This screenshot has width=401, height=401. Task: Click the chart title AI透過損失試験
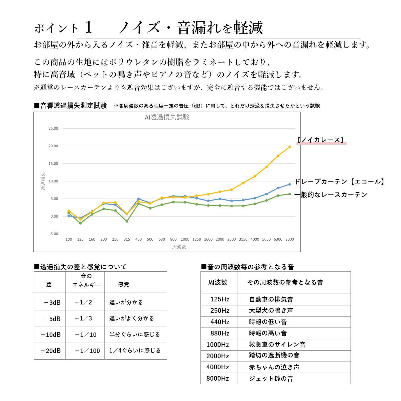167,117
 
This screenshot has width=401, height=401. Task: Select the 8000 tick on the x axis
289,239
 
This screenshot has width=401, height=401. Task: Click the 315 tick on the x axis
127,239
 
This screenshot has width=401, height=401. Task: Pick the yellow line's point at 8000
289,147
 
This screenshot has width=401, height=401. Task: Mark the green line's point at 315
127,221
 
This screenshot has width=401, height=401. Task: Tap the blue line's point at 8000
289,184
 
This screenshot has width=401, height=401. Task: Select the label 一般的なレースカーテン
331,195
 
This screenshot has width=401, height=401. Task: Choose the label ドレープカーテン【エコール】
340,181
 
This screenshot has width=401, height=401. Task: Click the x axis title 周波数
179,247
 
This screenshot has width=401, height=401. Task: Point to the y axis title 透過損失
43,181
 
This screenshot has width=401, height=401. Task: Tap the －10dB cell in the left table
51,335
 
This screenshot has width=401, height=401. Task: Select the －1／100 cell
87,351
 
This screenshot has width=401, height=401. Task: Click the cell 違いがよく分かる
132,318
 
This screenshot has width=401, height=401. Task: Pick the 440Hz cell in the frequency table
220,322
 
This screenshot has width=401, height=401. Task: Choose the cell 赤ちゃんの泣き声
274,367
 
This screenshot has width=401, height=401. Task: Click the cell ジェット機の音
271,379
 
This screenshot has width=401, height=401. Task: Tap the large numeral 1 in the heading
88,27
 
